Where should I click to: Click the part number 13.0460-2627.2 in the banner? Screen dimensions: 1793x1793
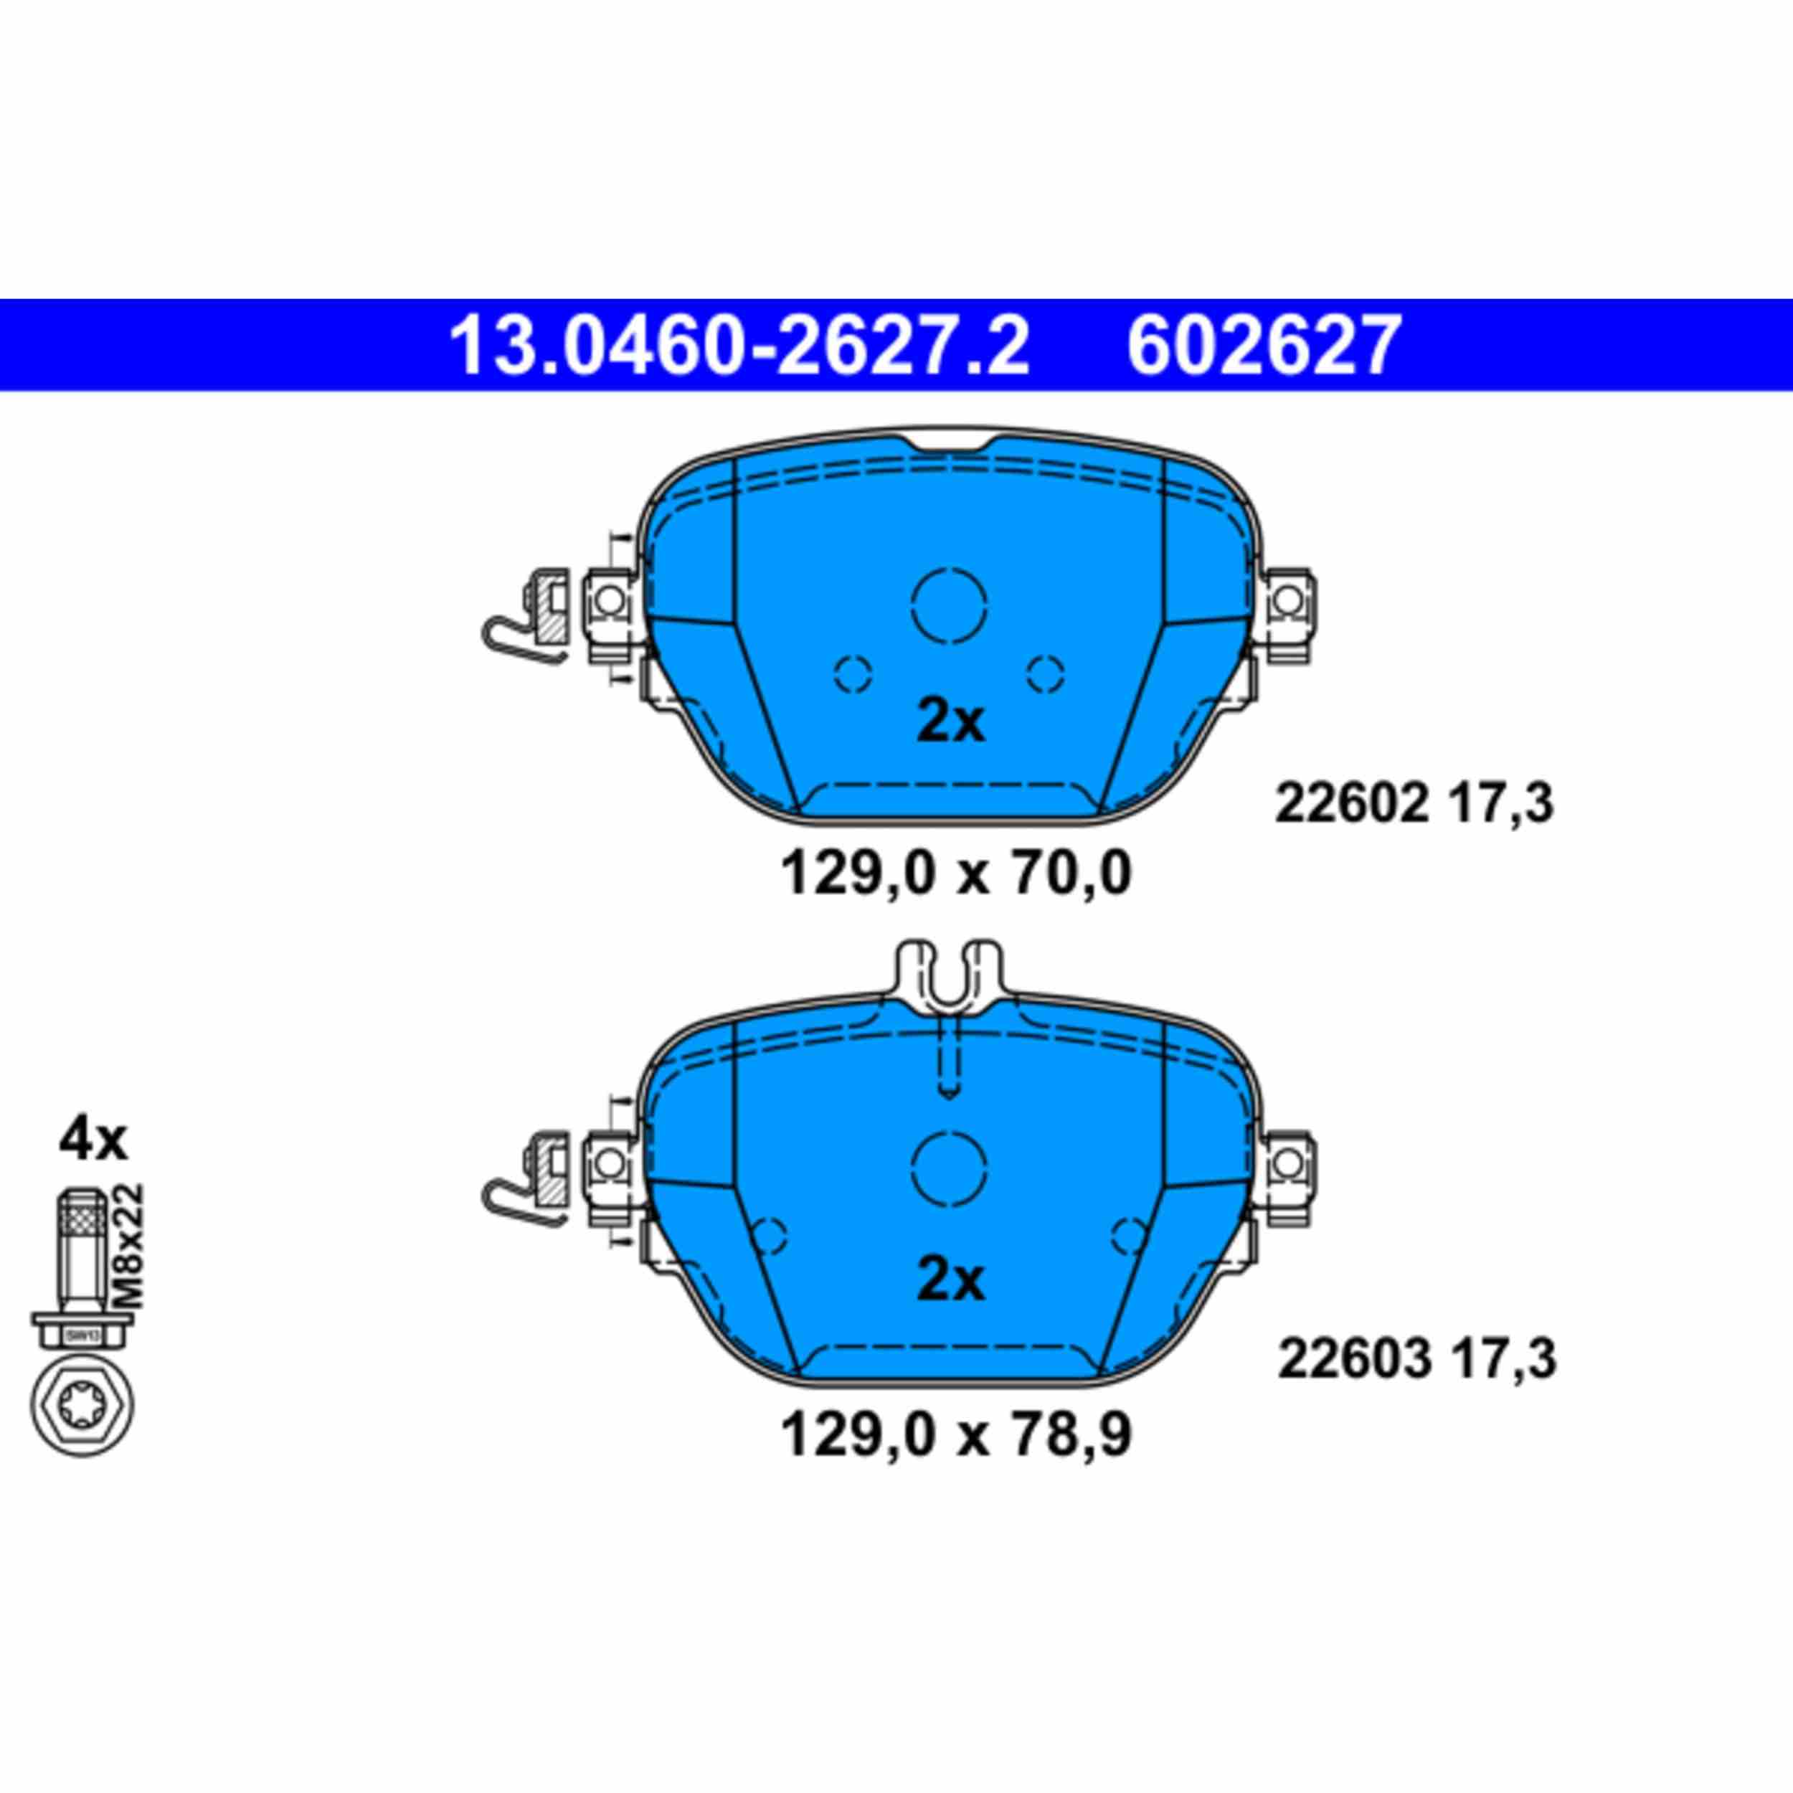[x=739, y=345]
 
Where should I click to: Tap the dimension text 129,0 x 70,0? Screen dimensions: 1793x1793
[x=956, y=875]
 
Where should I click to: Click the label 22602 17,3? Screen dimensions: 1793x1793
[x=1414, y=804]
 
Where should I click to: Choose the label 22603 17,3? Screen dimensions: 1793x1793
[x=1416, y=1361]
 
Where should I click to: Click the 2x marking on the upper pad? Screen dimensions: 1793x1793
[x=950, y=723]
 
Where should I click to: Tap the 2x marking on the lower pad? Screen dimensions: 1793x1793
[x=950, y=1282]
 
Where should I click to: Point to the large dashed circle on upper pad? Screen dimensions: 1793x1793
[x=948, y=603]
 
